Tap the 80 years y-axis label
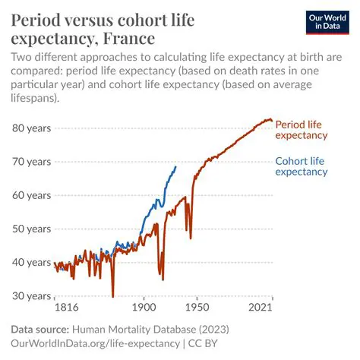point(30,128)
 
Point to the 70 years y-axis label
point(30,162)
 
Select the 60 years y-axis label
point(30,195)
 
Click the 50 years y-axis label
point(30,229)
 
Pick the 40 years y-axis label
point(30,262)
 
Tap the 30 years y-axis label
point(30,295)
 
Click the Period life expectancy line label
point(301,130)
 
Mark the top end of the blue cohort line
point(176,167)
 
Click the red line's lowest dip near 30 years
point(112,296)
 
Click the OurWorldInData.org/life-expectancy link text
point(95,343)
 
